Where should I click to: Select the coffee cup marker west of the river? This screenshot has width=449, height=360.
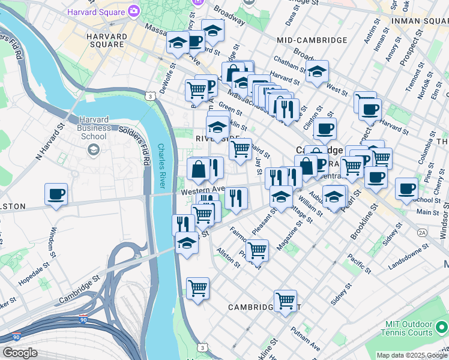56,194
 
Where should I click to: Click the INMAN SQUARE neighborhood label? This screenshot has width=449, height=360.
419,20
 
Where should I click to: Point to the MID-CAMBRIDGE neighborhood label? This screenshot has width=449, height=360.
312,40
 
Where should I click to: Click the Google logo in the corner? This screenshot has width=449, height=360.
19,353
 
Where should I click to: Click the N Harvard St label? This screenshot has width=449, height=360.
50,143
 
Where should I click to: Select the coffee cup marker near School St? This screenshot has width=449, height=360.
406,188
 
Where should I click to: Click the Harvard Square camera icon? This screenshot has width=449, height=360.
133,11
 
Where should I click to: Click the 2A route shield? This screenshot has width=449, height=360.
422,232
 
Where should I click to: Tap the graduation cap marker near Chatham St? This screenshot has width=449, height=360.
317,71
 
